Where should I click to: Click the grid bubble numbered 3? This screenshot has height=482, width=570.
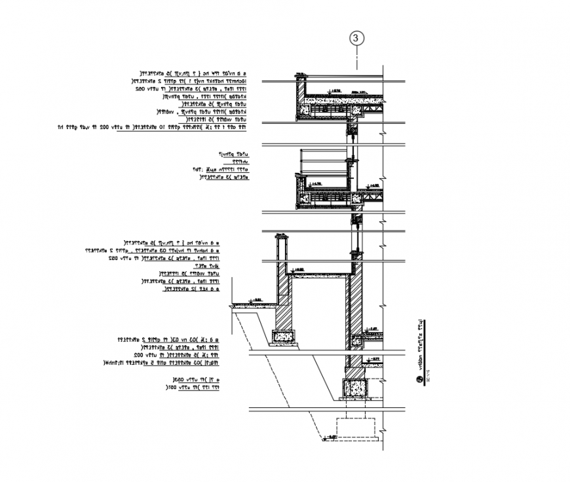[x=356, y=39]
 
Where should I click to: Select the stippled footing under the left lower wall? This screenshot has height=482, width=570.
[x=284, y=337]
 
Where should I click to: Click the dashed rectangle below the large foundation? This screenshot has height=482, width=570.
[x=355, y=428]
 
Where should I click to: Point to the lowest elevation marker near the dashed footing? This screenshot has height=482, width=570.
[x=332, y=436]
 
